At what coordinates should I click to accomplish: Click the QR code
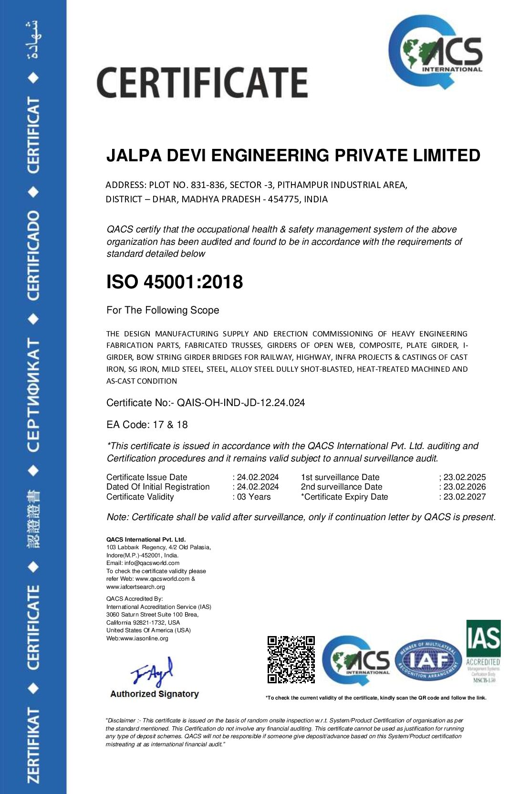tap(291, 659)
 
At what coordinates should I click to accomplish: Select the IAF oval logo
tap(428, 661)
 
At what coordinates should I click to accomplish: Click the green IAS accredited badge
tap(483, 651)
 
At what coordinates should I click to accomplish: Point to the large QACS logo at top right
tap(435, 52)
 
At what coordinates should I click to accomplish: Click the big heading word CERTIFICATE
tap(202, 83)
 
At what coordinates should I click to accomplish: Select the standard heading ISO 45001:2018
tap(175, 282)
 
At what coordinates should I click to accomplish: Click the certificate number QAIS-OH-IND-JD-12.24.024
tap(241, 403)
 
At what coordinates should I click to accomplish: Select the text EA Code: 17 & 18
tap(147, 425)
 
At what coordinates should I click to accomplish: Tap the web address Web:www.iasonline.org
tap(137, 638)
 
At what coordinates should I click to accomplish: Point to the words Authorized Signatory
tap(155, 694)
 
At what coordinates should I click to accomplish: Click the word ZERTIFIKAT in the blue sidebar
tap(33, 744)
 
